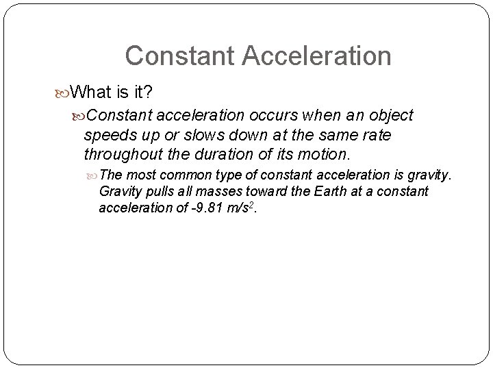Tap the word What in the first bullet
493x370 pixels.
point(92,91)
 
